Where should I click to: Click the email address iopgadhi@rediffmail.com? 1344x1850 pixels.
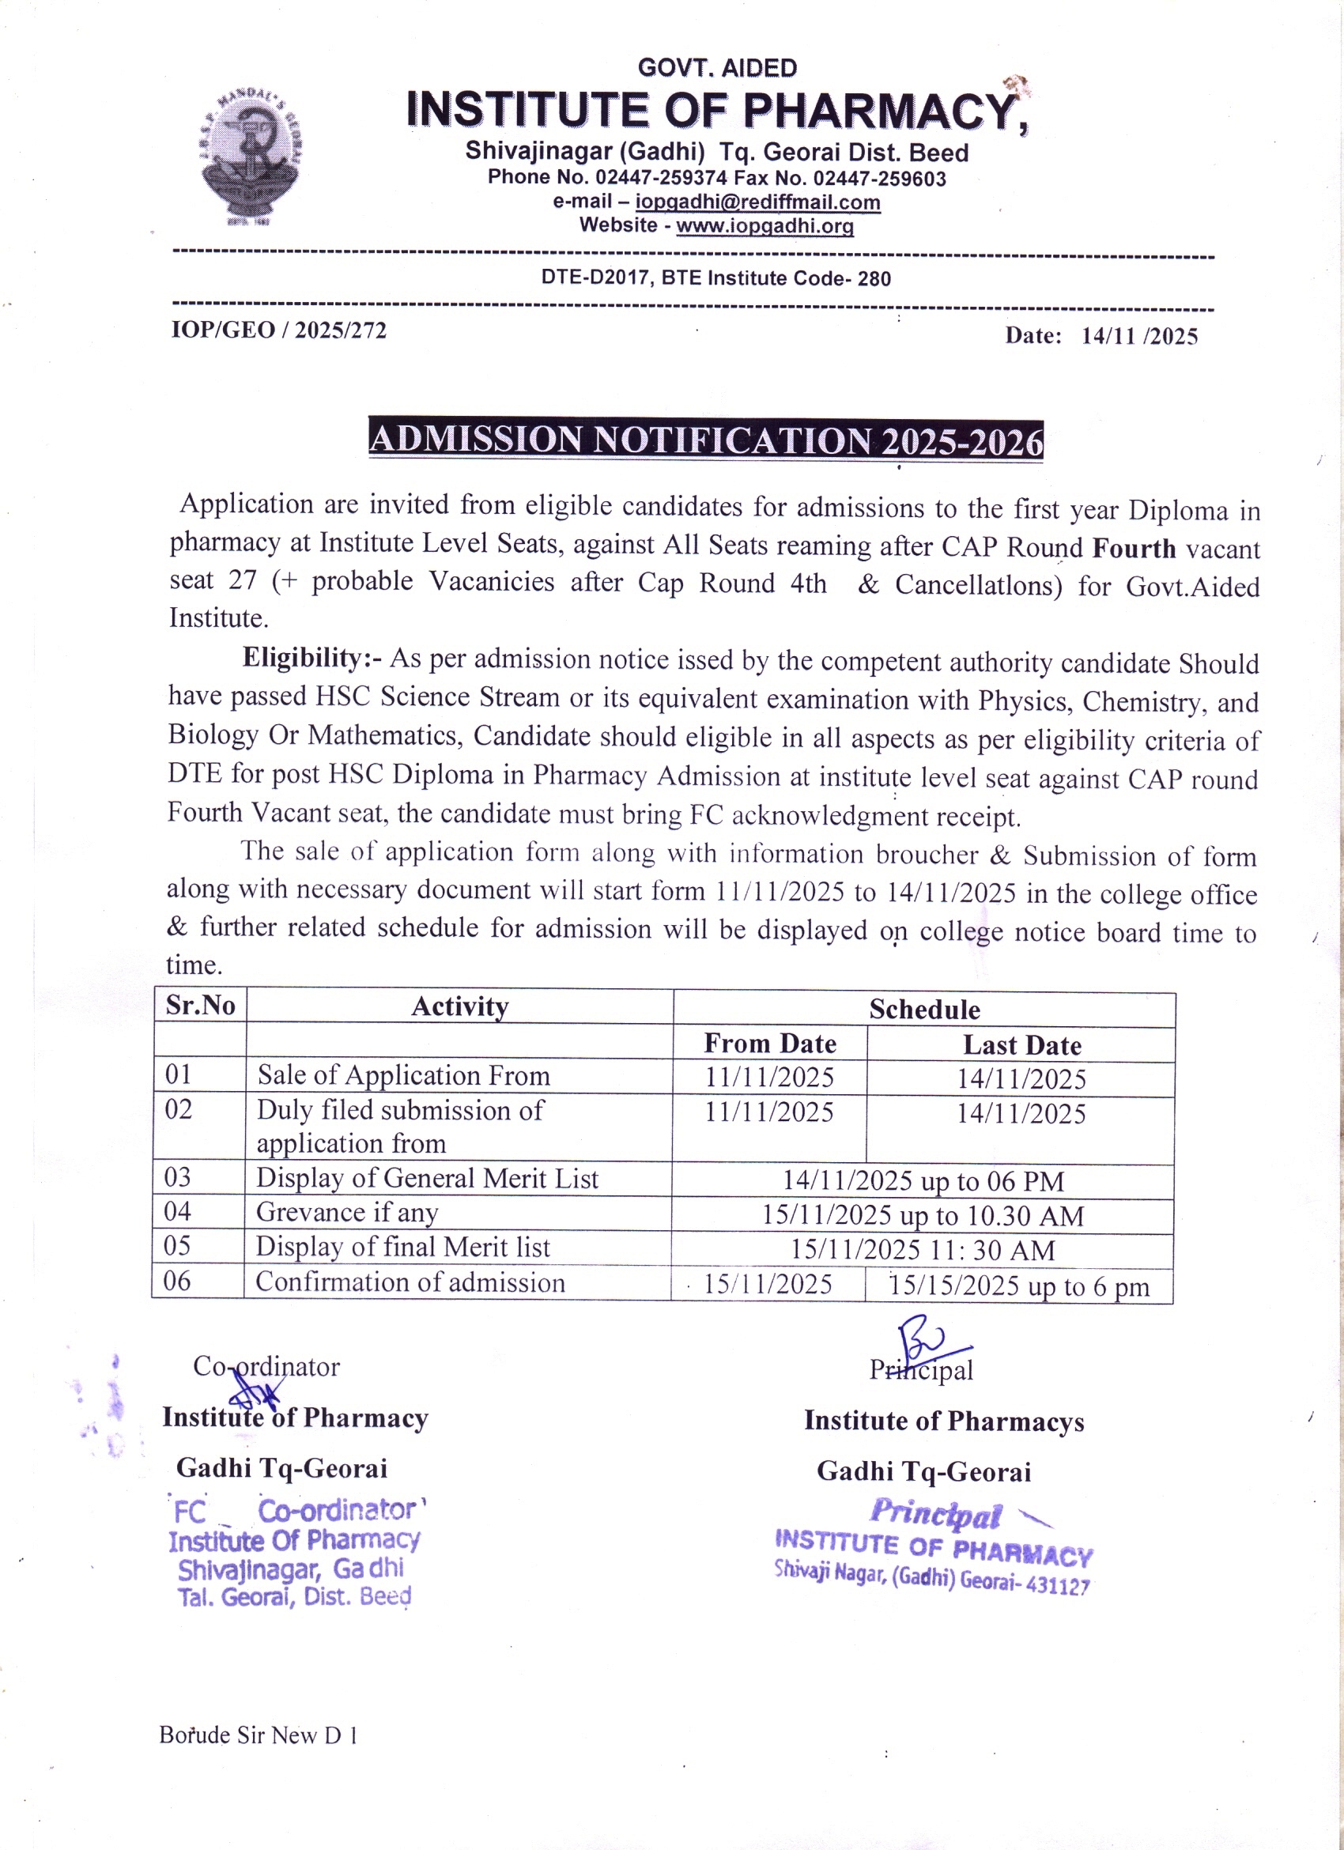click(757, 202)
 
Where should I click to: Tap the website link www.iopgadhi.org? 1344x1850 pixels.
click(764, 226)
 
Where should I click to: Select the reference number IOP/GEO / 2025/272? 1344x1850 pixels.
click(278, 330)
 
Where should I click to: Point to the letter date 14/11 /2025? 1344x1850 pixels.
click(1138, 336)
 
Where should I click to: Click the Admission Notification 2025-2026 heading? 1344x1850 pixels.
click(705, 440)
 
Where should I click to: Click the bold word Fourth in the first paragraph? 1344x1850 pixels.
click(1134, 547)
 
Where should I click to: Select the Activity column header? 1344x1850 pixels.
click(460, 1006)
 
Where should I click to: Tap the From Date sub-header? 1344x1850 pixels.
click(770, 1044)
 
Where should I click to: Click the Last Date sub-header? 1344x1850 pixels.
click(1022, 1045)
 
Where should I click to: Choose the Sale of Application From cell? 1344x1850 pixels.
click(404, 1075)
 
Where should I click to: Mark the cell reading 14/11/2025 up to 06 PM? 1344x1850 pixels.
click(923, 1180)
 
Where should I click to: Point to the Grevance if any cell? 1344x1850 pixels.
click(347, 1212)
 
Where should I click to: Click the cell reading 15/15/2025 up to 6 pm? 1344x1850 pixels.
click(1018, 1286)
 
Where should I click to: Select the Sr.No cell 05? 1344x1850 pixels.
click(178, 1245)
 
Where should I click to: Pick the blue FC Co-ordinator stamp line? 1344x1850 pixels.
click(299, 1510)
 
